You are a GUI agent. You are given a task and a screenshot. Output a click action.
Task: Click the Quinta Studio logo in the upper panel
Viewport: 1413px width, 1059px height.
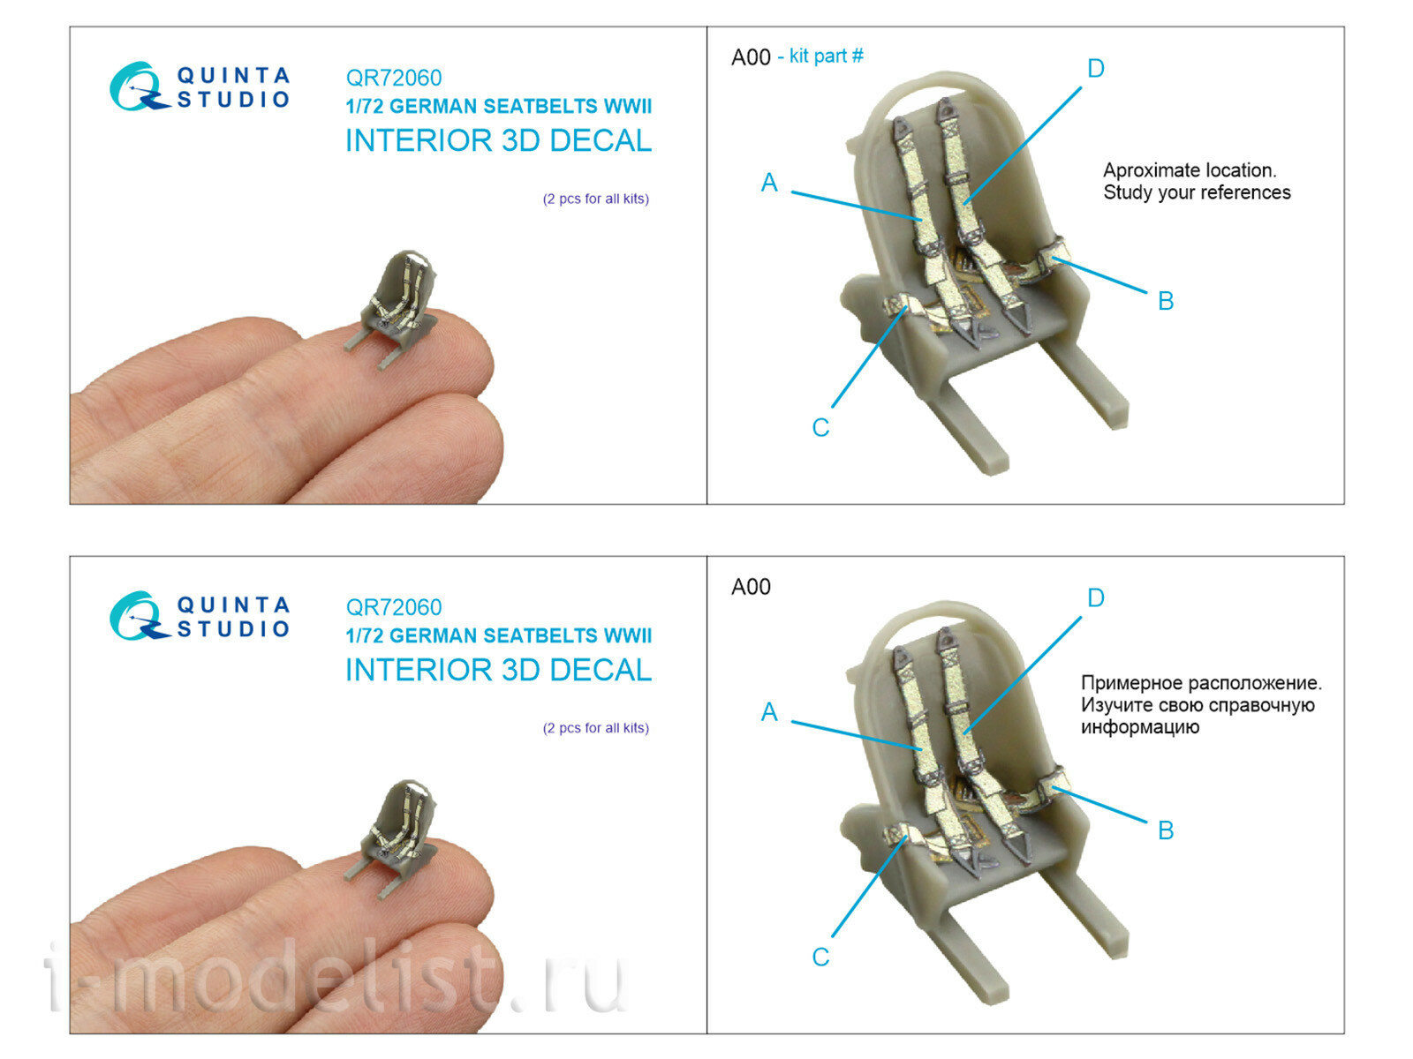(200, 86)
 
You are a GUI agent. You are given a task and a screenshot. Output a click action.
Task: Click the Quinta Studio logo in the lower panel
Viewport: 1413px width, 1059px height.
(200, 615)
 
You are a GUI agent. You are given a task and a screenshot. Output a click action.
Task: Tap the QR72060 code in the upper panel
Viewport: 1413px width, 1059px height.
(393, 78)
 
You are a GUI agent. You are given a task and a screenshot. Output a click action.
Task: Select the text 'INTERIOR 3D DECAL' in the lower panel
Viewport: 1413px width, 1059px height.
(498, 670)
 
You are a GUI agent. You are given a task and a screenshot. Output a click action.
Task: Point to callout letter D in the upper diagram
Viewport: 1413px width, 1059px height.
(1096, 68)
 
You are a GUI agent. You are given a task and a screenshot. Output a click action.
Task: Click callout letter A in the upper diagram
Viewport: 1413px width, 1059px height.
(769, 183)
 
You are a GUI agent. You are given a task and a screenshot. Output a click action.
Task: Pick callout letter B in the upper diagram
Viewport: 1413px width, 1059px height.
(1166, 301)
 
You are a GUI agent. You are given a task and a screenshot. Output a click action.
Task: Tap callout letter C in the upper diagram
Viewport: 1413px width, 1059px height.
(820, 428)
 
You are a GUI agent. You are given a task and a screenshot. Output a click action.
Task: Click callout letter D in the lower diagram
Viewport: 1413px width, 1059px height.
(1096, 598)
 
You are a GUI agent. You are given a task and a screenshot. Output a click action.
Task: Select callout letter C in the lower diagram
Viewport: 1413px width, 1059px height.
(820, 957)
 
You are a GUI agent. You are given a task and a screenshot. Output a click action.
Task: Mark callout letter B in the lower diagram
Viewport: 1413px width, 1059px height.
(1166, 830)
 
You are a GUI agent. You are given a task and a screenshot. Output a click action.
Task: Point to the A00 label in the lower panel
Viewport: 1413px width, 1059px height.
(751, 587)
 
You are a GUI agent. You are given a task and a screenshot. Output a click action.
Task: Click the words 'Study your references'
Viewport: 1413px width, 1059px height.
(1197, 192)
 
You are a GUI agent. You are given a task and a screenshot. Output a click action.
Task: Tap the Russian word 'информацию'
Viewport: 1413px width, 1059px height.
(1140, 727)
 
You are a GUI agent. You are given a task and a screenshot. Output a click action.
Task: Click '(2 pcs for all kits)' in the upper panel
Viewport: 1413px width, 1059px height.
(595, 199)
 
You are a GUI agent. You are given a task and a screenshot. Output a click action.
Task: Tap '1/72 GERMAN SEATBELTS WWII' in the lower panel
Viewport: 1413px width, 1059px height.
(498, 635)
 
